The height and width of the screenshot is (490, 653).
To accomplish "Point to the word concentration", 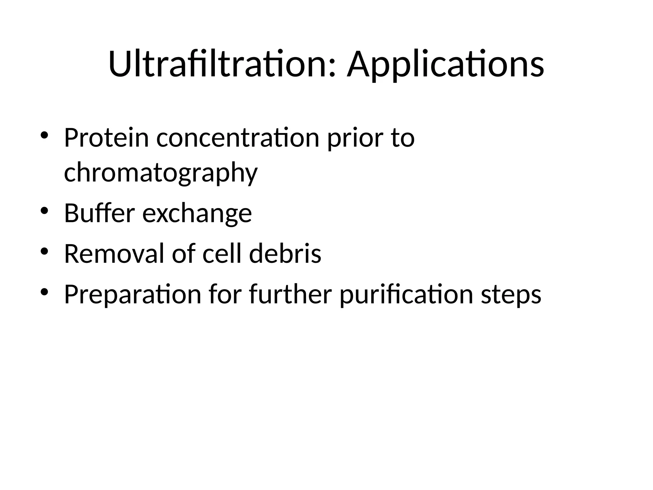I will click(238, 138).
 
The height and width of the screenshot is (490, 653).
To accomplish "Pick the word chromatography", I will click(160, 173).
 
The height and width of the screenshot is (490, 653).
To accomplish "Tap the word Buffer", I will click(99, 213).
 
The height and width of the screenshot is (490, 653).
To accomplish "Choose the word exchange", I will click(197, 213).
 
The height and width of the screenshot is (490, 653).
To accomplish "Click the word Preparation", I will click(132, 294).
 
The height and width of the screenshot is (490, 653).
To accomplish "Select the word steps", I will click(511, 294).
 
